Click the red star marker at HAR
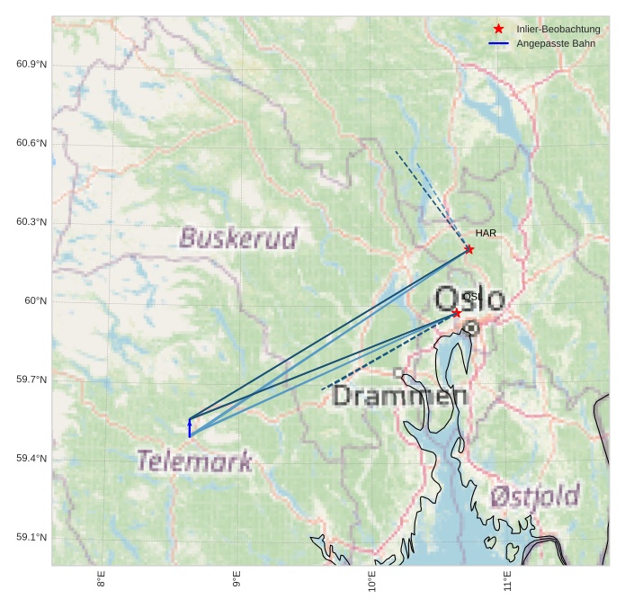click(x=469, y=249)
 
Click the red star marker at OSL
click(x=457, y=313)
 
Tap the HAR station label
click(x=486, y=233)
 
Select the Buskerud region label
click(x=238, y=238)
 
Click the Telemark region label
click(x=194, y=461)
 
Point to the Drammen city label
click(x=399, y=396)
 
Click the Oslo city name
click(x=469, y=299)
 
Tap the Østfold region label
click(x=535, y=496)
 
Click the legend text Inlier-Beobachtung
click(x=558, y=29)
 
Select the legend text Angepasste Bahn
click(x=556, y=43)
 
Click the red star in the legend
click(x=499, y=29)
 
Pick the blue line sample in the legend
click(x=499, y=43)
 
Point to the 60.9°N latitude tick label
click(x=31, y=64)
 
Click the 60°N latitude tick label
click(x=35, y=300)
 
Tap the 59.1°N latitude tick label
click(x=31, y=537)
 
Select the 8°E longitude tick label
click(x=101, y=580)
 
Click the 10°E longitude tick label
click(x=372, y=582)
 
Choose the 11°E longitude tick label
click(x=507, y=582)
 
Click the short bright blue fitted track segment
click(x=190, y=428)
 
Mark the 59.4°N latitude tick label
click(x=31, y=458)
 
